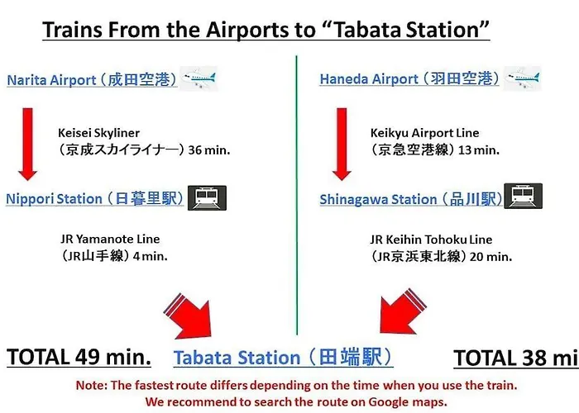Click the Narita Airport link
(x=92, y=79)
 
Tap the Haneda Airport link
(x=409, y=79)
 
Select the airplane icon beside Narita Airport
(x=199, y=78)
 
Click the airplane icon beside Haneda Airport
(x=523, y=78)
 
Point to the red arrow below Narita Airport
(x=27, y=145)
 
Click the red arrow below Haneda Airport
(x=342, y=145)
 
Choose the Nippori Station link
(x=94, y=198)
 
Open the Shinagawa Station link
(x=411, y=199)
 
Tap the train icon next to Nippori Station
(x=207, y=198)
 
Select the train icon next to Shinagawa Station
(x=524, y=196)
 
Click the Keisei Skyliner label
(x=99, y=133)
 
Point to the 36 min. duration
(x=209, y=150)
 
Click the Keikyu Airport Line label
(x=424, y=133)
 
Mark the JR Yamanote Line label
(x=110, y=239)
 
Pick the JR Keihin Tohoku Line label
(x=431, y=240)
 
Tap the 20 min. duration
(x=490, y=257)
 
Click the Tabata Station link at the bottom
(x=283, y=357)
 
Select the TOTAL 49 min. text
(x=79, y=357)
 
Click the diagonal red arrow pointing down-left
(x=402, y=312)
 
